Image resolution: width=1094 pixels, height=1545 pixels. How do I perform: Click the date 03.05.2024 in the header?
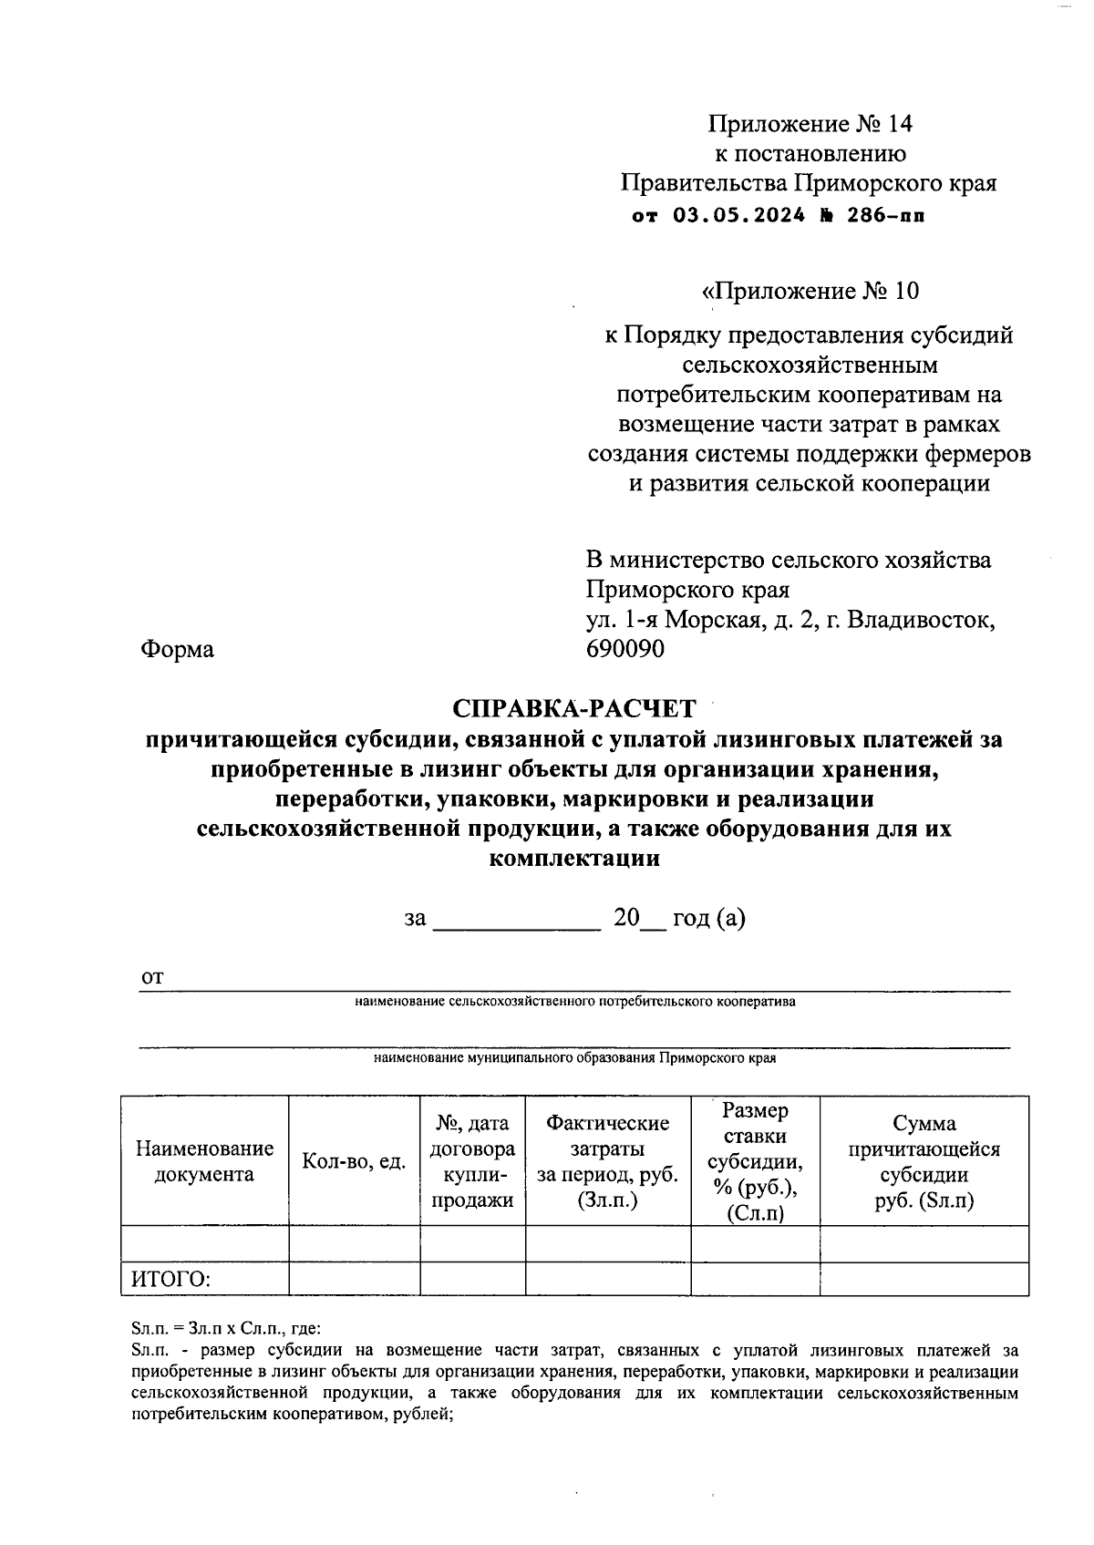[x=739, y=216]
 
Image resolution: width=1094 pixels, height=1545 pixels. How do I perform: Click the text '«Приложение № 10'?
[x=809, y=291]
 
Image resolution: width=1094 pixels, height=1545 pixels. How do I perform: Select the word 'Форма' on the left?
[x=177, y=649]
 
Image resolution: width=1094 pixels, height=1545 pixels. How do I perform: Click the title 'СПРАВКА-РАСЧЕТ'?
[x=573, y=708]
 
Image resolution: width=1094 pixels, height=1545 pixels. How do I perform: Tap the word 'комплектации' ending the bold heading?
[x=574, y=858]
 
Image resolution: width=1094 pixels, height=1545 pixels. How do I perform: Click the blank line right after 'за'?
[x=516, y=921]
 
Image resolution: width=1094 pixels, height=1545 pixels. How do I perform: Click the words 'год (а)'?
[x=708, y=918]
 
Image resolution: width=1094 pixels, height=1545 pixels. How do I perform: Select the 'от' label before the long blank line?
[x=151, y=977]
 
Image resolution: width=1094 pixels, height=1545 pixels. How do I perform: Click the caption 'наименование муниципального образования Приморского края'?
[x=574, y=1058]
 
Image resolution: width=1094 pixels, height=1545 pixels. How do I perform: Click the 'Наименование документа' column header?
[x=204, y=1161]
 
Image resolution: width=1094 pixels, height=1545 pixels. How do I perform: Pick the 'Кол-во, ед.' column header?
[x=354, y=1161]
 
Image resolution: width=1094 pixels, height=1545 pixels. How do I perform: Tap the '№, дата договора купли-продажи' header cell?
[x=472, y=1161]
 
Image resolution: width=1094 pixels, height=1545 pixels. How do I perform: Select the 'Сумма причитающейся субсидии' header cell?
[x=924, y=1161]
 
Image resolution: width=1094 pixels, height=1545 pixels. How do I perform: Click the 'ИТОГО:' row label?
[x=170, y=1280]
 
